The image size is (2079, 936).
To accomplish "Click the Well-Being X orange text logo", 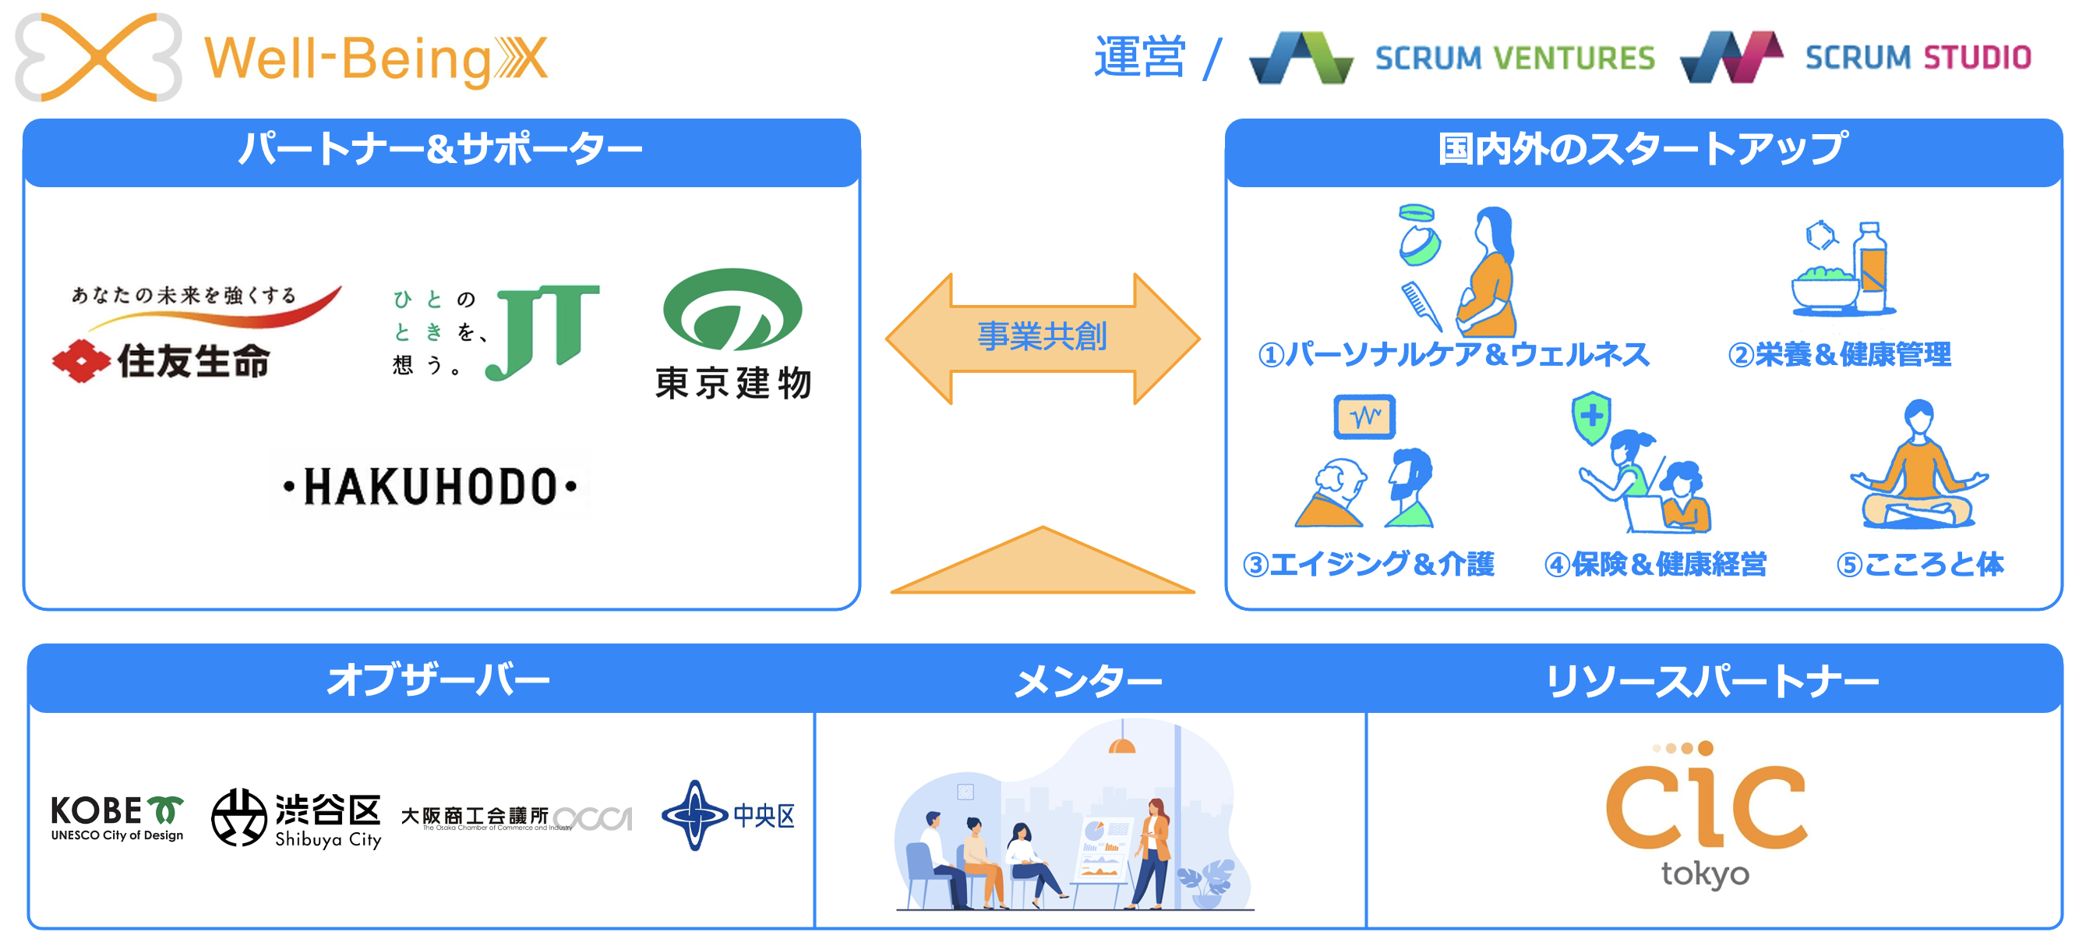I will pos(376,60).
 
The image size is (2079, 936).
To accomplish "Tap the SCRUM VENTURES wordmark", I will pos(1514,58).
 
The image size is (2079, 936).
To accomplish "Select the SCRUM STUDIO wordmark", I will pos(1918,58).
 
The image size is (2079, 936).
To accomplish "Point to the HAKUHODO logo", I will pos(430,486).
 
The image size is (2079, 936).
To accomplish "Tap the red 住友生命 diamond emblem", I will pos(81,361).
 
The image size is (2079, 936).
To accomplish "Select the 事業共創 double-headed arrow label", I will pos(1042,336).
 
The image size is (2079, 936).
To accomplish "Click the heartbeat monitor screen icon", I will pos(1364,417).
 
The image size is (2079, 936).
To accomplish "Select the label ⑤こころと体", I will pos(1919,564).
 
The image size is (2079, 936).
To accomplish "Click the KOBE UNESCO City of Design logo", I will pos(117,817).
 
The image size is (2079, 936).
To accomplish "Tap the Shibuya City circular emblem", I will pos(239,817).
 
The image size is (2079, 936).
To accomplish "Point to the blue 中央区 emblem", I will pos(695,815).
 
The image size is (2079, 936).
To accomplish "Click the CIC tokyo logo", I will pos(1705,814).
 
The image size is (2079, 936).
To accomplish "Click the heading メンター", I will pos(1088,681).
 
